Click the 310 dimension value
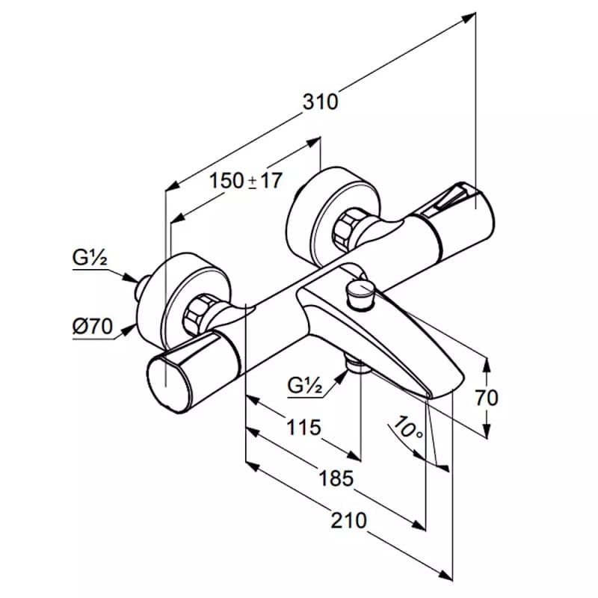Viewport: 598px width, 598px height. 320,102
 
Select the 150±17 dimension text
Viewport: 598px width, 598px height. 246,180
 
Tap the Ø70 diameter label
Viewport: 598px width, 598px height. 93,327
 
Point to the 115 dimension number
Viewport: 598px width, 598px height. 303,427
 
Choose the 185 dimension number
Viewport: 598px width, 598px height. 336,478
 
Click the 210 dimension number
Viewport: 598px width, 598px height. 348,520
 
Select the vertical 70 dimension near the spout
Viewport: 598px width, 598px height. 487,398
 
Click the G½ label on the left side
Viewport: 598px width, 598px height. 90,258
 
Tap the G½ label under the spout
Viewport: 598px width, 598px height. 305,386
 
